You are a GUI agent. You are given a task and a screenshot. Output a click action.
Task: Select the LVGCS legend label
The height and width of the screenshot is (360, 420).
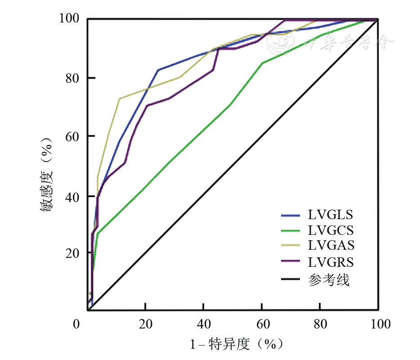331,231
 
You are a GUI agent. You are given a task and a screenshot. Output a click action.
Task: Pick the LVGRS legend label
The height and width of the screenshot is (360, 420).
331,262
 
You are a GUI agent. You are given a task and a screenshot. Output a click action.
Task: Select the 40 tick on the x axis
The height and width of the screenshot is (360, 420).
203,324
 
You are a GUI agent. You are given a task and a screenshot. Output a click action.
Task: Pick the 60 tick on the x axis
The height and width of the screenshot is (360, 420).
261,324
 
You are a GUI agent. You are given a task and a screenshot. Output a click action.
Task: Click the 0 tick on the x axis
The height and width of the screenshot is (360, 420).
79,324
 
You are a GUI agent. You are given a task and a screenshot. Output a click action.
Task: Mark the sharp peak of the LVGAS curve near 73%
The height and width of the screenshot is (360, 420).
120,98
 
